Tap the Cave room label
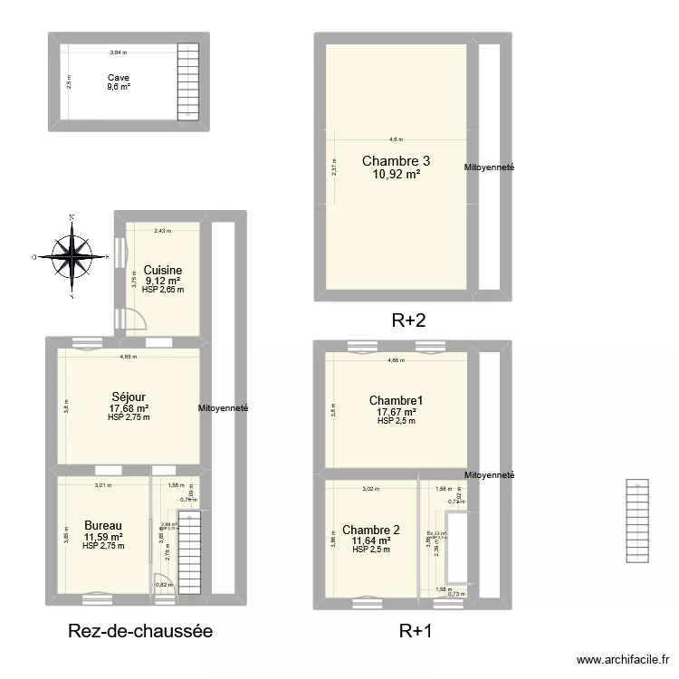point(118,78)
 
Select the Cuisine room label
point(163,270)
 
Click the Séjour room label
point(129,397)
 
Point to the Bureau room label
point(102,526)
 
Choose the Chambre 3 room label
point(396,161)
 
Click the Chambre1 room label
point(396,400)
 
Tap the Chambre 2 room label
point(371,530)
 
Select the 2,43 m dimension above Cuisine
point(161,231)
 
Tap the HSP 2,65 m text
point(163,290)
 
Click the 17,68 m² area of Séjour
point(129,408)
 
